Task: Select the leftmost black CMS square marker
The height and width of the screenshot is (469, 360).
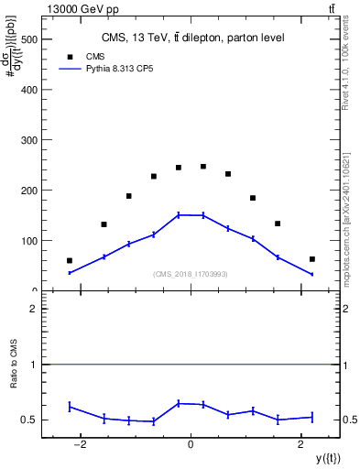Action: [70, 260]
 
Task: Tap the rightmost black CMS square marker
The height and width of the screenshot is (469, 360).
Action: [312, 259]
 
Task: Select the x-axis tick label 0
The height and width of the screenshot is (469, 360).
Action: [191, 446]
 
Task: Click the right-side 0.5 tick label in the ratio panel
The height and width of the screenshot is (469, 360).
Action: [348, 420]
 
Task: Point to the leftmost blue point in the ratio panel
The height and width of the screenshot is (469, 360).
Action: [70, 407]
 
